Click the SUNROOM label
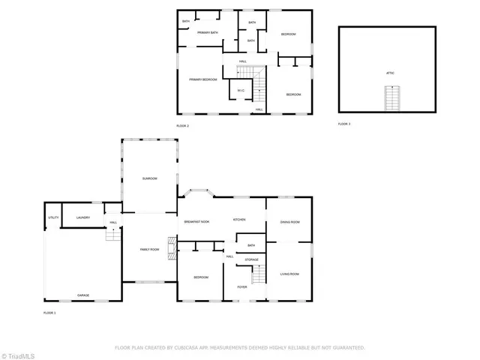(x=150, y=178)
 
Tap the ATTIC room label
(x=390, y=73)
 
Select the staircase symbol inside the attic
(x=390, y=96)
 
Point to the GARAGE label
(x=82, y=295)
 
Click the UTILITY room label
(x=53, y=217)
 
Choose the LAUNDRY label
(x=83, y=217)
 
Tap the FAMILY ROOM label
(x=150, y=250)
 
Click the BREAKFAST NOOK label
(x=196, y=222)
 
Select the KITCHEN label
(x=239, y=220)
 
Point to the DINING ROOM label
(x=289, y=222)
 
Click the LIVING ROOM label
(x=289, y=274)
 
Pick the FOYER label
(x=242, y=286)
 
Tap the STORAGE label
(x=252, y=259)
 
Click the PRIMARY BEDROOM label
(x=202, y=79)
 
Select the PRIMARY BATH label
(x=207, y=33)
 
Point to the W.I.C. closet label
(x=241, y=91)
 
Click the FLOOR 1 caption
(x=49, y=312)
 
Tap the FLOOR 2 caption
(x=182, y=125)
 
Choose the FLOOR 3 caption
(x=344, y=123)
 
